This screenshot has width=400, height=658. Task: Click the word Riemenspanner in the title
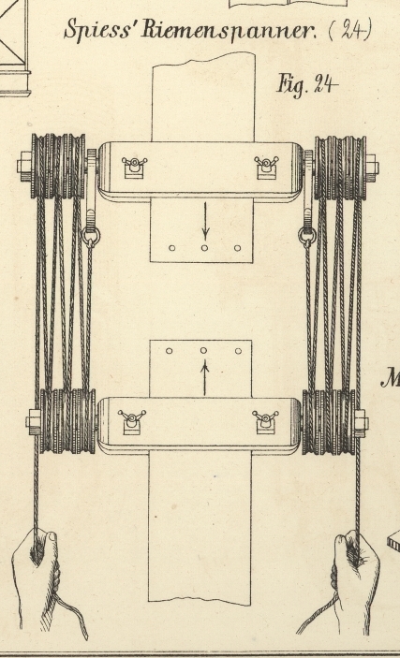coord(229,31)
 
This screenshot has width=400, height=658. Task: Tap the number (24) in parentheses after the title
coord(350,30)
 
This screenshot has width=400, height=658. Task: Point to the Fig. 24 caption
coord(307,85)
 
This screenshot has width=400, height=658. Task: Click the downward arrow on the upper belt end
coord(205,221)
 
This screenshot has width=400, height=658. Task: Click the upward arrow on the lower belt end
coord(204,378)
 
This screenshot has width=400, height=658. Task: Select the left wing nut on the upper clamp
coord(135,167)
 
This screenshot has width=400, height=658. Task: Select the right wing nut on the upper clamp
coord(266,168)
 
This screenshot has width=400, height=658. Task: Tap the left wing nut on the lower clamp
coord(131,422)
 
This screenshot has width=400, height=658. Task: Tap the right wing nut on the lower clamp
coord(265,422)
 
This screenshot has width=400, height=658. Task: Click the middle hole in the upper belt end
coord(204,248)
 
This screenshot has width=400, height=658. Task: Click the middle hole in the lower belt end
coord(204,350)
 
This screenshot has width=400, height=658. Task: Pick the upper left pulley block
coord(58,167)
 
